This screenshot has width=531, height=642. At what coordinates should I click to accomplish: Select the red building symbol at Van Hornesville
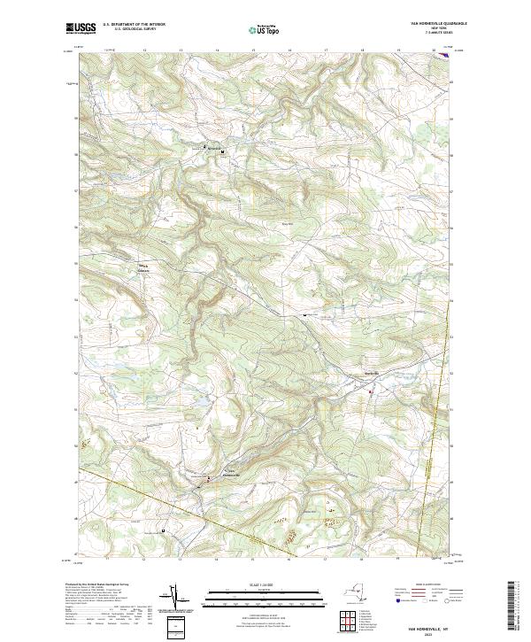click(x=209, y=479)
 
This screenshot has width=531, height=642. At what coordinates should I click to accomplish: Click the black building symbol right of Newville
click(x=223, y=151)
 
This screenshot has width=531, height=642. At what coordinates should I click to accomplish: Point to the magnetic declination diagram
click(x=172, y=595)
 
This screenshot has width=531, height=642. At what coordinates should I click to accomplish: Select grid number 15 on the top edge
click(x=253, y=50)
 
